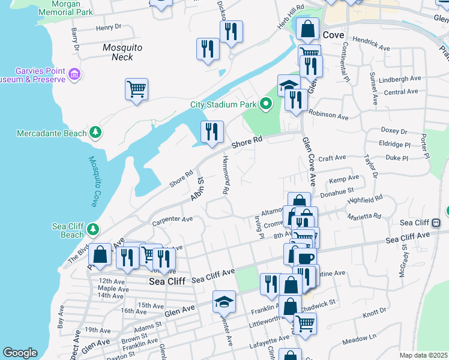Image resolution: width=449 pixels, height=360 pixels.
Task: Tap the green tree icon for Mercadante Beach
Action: (x=94, y=132)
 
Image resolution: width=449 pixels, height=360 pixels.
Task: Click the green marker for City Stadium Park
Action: (x=266, y=104)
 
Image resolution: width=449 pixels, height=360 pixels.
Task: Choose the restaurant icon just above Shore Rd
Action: (x=211, y=132)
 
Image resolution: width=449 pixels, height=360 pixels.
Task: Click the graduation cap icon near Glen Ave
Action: (x=224, y=301)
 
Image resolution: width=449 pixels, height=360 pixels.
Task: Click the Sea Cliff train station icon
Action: (x=436, y=223)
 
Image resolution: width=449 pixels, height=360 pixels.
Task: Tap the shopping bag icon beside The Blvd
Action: (x=101, y=254)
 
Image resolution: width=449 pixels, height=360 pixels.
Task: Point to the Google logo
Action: (x=20, y=353)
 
